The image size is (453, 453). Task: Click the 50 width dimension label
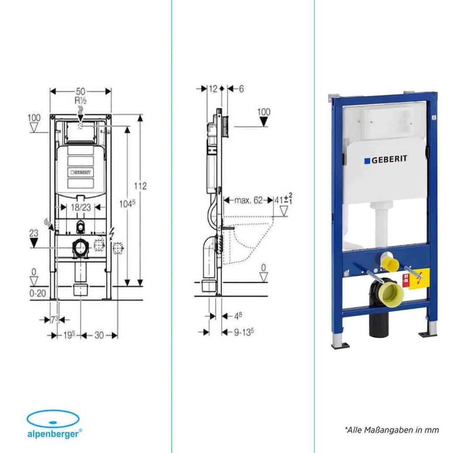(x=81, y=91)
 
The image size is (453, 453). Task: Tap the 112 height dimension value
(x=141, y=186)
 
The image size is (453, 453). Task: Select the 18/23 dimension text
(x=80, y=207)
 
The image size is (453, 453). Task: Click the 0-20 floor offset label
(x=38, y=294)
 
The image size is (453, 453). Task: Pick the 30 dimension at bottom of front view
(x=99, y=335)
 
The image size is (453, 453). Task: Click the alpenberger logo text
(x=52, y=432)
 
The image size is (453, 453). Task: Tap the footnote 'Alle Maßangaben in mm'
(x=392, y=430)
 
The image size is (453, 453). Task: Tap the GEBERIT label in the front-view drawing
(x=81, y=172)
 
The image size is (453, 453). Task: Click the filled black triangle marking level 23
(x=34, y=243)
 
